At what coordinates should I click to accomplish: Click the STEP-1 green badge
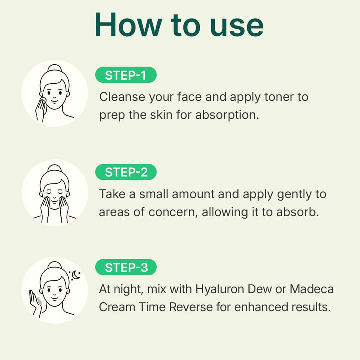(x=125, y=75)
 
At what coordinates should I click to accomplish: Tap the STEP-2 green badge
(x=126, y=172)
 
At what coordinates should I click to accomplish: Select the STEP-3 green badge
(x=126, y=267)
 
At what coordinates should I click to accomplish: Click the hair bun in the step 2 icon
(x=54, y=168)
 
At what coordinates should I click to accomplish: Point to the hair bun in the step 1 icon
(x=54, y=69)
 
